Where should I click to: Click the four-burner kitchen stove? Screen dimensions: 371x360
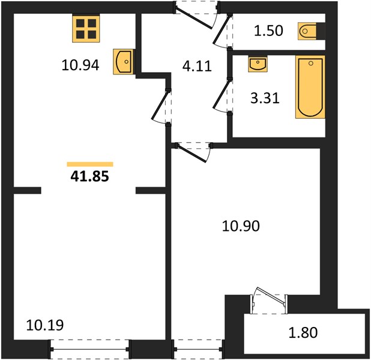(86, 28)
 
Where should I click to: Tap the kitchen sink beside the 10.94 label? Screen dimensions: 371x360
(124, 62)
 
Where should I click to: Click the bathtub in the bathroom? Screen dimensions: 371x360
(310, 87)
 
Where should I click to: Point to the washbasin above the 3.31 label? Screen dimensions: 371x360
(258, 64)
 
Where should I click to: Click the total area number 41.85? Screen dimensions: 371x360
(89, 176)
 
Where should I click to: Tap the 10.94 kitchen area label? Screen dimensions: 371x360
(80, 65)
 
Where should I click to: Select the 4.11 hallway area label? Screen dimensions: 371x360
(197, 66)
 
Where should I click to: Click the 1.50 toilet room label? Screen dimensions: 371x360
(268, 31)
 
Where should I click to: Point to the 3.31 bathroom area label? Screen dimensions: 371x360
(265, 98)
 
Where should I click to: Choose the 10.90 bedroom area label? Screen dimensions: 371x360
(241, 226)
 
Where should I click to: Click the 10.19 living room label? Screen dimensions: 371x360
(45, 325)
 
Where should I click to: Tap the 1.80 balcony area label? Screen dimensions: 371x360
(303, 332)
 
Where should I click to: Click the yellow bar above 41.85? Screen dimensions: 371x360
(90, 164)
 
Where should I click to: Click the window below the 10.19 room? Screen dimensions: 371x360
(90, 349)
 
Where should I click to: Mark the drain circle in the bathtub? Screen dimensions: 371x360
(311, 63)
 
